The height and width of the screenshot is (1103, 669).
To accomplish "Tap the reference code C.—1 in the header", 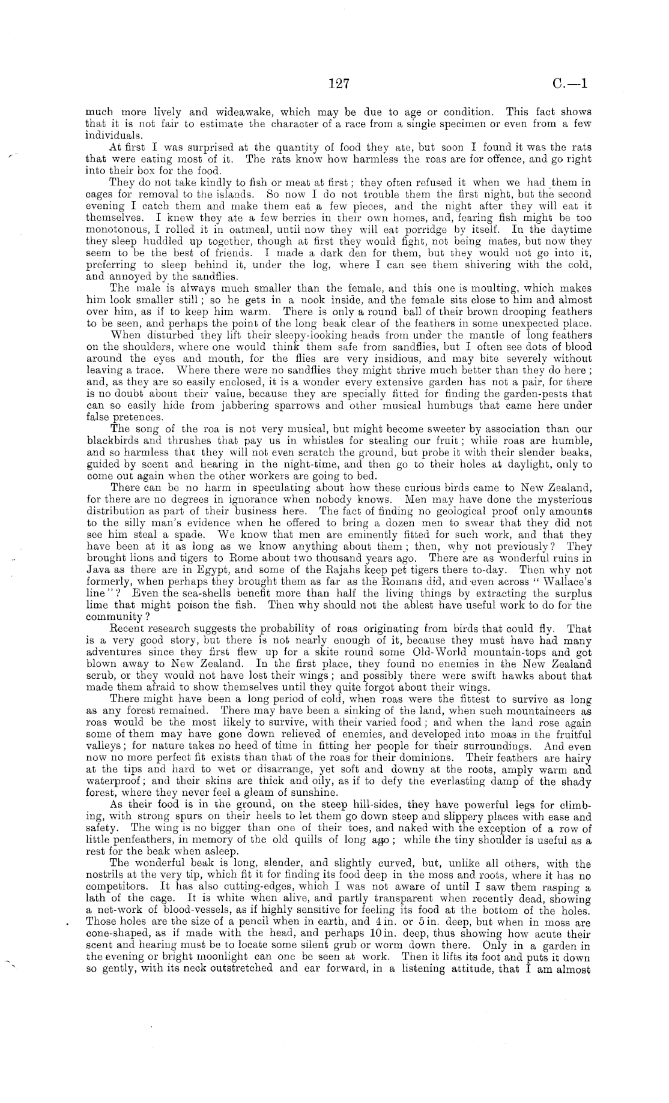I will click(571, 83).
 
